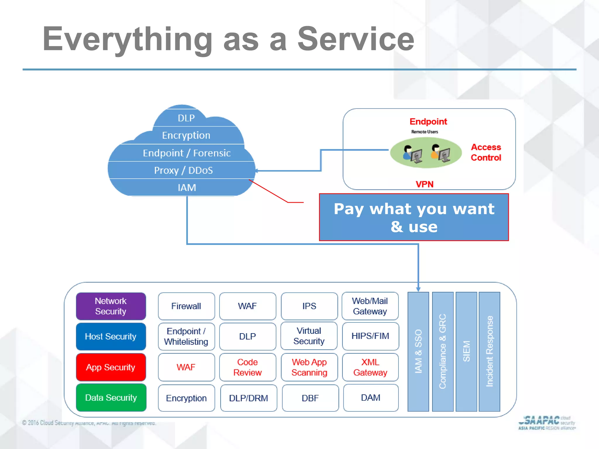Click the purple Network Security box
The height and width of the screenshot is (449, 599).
(x=111, y=306)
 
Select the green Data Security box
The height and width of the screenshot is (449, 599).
(x=111, y=398)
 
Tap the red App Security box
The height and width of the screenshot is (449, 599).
(x=111, y=367)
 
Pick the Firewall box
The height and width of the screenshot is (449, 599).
(x=186, y=306)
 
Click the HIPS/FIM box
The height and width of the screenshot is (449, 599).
(x=370, y=336)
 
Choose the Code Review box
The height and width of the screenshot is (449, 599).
(x=247, y=367)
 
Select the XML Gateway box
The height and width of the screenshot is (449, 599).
(x=370, y=367)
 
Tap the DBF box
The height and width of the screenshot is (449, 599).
(x=310, y=398)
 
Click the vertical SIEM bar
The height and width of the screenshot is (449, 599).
(x=467, y=351)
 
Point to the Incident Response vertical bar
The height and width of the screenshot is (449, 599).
(x=489, y=351)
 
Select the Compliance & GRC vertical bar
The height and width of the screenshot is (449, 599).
(x=443, y=351)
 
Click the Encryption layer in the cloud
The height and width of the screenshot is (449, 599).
(x=186, y=135)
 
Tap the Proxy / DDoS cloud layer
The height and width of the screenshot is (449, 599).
(x=183, y=170)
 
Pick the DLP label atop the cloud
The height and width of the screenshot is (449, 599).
(x=186, y=118)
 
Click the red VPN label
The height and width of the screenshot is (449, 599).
(x=424, y=184)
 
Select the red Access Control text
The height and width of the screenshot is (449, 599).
(x=486, y=152)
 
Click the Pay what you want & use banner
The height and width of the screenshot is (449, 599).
(x=414, y=217)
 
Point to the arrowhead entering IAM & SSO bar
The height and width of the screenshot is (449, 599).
(x=418, y=289)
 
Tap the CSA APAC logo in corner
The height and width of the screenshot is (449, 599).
(x=546, y=423)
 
